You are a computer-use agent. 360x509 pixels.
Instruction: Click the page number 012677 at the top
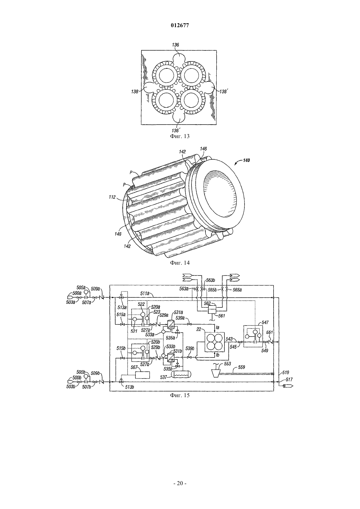(x=180, y=26)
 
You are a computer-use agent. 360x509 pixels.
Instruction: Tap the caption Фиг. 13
(x=180, y=136)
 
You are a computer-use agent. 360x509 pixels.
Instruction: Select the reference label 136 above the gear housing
(x=175, y=45)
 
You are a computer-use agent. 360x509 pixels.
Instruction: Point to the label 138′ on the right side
(x=224, y=91)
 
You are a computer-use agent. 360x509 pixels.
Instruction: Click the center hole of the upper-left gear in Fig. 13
(x=166, y=75)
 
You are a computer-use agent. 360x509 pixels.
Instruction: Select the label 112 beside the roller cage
(x=112, y=197)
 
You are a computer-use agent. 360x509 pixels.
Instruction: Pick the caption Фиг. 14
(x=180, y=263)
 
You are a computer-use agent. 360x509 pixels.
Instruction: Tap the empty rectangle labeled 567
(x=142, y=375)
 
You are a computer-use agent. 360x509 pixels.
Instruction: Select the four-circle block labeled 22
(x=215, y=342)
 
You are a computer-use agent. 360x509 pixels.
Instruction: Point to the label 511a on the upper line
(x=145, y=293)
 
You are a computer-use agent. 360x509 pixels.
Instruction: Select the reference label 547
(x=265, y=322)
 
